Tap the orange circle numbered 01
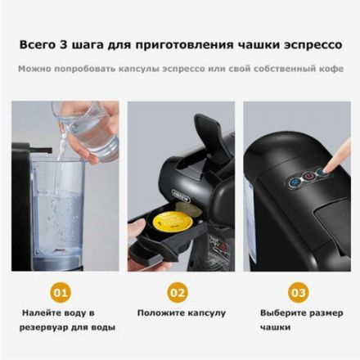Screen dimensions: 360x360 point(59,291)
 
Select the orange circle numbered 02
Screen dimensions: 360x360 point(178,291)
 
